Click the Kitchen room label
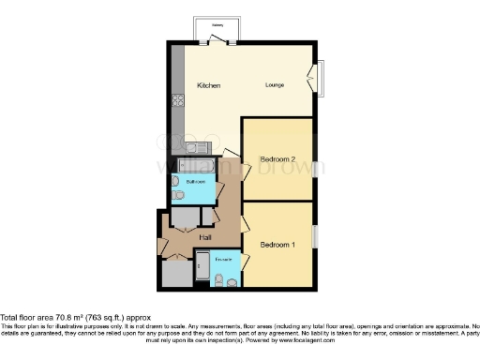(208, 86)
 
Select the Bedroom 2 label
(277, 159)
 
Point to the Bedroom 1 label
(277, 245)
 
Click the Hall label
(204, 238)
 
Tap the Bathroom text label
(195, 179)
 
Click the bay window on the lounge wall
(321, 80)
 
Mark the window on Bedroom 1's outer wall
(315, 236)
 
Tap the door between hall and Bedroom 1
(245, 225)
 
